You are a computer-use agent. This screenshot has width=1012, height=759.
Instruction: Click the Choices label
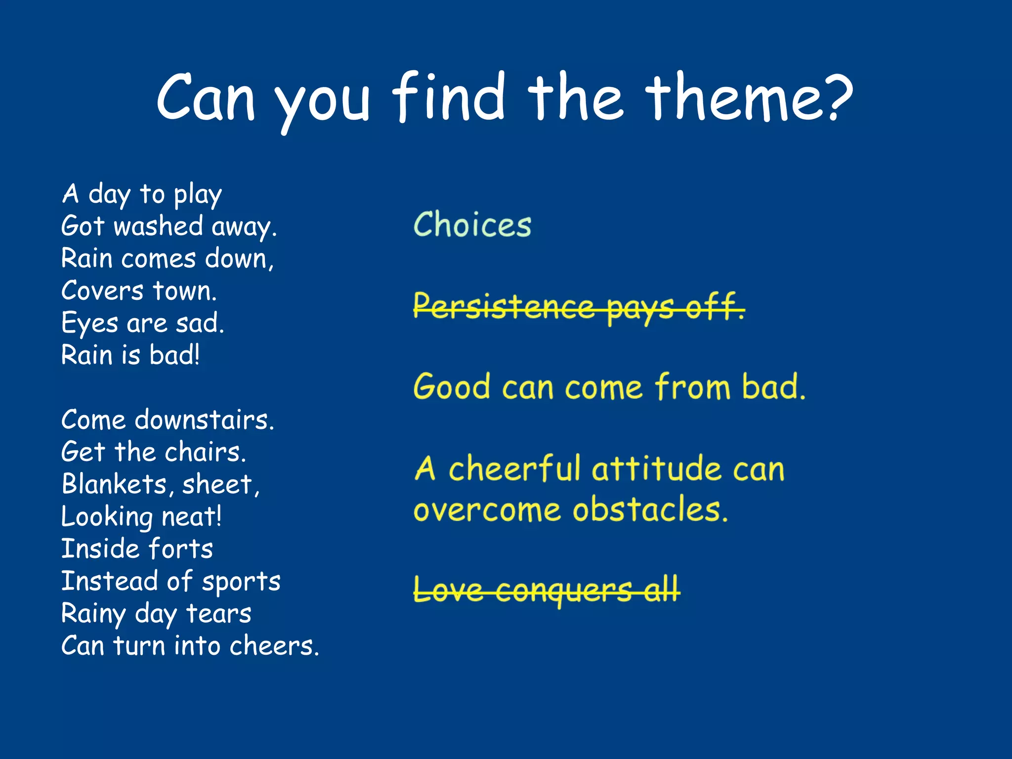472,225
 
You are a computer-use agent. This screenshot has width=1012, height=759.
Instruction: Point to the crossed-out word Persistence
504,306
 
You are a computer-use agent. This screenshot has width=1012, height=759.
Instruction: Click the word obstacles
650,510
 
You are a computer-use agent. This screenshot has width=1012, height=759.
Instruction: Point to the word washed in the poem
158,226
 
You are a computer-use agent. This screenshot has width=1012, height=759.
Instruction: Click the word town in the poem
184,291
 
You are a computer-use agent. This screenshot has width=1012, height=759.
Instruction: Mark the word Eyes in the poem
89,324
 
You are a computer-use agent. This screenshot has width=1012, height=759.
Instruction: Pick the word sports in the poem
241,582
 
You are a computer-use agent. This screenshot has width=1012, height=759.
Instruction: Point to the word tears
218,614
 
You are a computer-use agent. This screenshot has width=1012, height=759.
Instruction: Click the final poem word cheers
274,646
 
